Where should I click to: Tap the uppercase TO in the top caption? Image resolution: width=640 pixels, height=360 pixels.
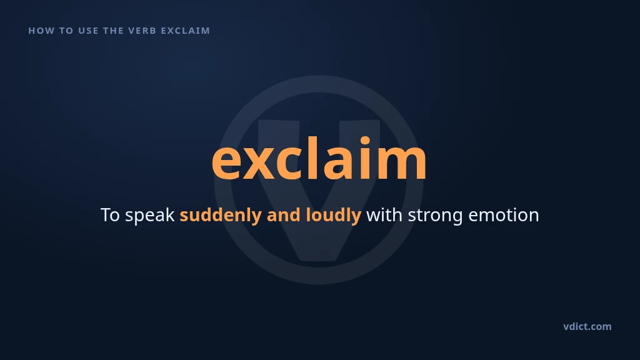click(x=66, y=31)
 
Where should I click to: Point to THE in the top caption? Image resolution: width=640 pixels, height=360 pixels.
click(x=114, y=31)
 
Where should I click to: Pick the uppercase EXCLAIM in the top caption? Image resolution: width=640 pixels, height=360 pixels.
click(x=185, y=31)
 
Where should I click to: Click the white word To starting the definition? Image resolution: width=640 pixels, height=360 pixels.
click(x=110, y=215)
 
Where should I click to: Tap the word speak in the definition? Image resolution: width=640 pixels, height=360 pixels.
click(x=150, y=216)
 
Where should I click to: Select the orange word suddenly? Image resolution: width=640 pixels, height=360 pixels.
click(x=221, y=216)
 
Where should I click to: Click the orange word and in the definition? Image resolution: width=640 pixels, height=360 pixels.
click(x=283, y=215)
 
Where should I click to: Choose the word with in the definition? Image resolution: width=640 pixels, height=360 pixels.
click(x=384, y=215)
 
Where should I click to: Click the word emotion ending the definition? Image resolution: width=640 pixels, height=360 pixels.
click(x=504, y=215)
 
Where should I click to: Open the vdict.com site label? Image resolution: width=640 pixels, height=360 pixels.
click(x=587, y=326)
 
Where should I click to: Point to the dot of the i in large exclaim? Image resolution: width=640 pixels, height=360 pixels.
click(x=364, y=141)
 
